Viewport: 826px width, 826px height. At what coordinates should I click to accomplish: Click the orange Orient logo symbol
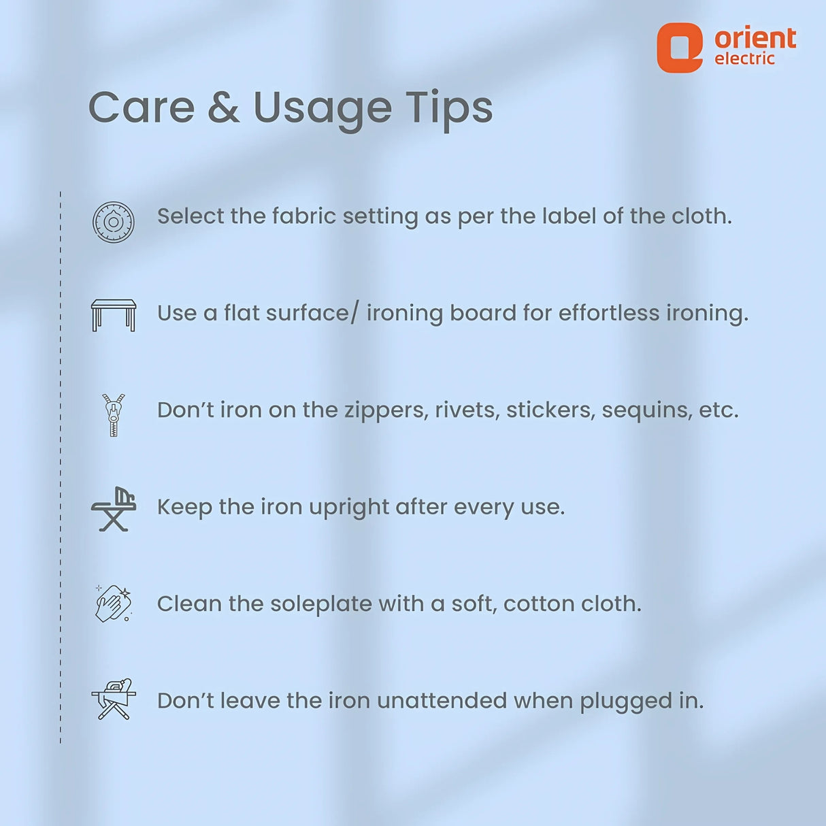coord(680,48)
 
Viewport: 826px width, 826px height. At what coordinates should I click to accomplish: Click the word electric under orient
coord(744,59)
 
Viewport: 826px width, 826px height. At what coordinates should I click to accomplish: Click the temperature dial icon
coord(114,222)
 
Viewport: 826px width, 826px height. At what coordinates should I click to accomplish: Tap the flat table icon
coord(114,315)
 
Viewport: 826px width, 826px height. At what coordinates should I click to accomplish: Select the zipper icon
coord(113,415)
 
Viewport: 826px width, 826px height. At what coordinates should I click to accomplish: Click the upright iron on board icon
coord(114,509)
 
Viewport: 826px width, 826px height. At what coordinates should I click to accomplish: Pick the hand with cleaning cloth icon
coord(113,603)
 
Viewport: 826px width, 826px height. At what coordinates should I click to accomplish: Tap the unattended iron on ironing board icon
coord(114,699)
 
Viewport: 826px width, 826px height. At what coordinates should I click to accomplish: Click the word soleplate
coord(321,604)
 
